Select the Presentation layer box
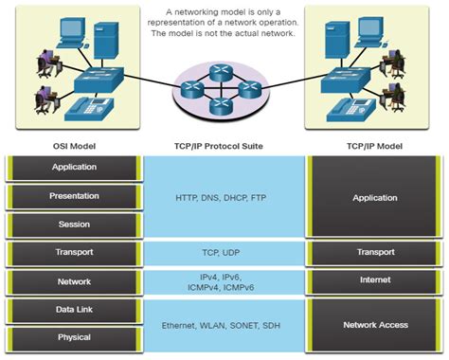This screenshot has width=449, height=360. pos(74,196)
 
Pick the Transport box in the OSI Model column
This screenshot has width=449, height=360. pos(74,253)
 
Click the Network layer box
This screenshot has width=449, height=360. pos(74,281)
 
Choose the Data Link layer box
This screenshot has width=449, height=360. pos(74,310)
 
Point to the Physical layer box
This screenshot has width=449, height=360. pos(74,337)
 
